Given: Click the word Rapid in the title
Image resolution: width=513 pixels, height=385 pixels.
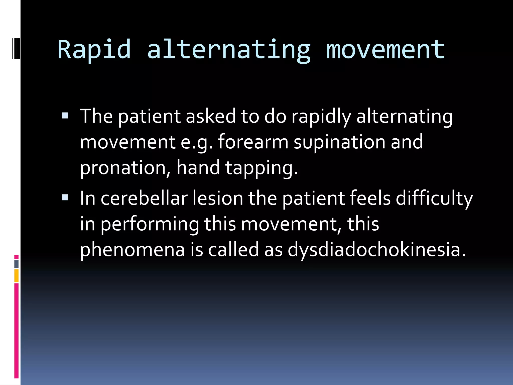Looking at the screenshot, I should [94, 50].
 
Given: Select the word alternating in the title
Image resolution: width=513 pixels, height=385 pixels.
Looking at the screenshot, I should [229, 50].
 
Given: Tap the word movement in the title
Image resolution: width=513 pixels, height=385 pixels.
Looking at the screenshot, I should [385, 50].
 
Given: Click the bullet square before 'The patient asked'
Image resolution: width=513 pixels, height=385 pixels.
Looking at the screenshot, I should [65, 116].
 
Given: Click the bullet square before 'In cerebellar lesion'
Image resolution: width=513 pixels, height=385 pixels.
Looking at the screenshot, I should [65, 198].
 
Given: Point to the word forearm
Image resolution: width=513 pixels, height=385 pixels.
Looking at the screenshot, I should [253, 142].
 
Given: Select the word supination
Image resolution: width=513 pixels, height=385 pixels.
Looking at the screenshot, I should [339, 142].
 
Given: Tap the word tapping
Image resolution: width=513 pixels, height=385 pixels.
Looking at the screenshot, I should [262, 168].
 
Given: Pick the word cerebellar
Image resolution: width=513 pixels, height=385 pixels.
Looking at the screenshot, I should [144, 198].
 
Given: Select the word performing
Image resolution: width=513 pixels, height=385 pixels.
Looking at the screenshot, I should [150, 224].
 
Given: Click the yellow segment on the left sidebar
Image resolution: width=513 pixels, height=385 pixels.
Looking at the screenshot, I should [17, 276].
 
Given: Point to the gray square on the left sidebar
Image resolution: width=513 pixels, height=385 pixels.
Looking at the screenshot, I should [17, 264].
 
